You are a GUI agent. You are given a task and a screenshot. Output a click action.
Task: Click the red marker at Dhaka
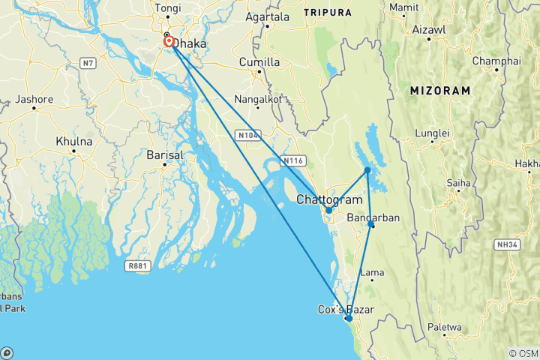point(170,43)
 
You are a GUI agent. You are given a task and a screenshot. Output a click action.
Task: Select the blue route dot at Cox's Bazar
point(349,319)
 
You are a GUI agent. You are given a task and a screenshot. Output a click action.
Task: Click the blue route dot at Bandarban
point(371,223)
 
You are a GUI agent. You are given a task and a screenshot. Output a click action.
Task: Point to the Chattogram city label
point(329,200)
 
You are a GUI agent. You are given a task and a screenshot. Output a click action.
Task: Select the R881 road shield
point(138,265)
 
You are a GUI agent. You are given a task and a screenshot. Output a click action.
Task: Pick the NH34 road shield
point(508,244)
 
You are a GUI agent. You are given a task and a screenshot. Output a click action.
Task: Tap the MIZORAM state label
point(440,91)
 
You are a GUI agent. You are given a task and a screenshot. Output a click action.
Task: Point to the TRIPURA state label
point(327,13)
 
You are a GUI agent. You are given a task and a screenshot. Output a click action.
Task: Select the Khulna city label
point(74,141)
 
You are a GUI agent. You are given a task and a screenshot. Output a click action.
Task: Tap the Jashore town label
point(34,99)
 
